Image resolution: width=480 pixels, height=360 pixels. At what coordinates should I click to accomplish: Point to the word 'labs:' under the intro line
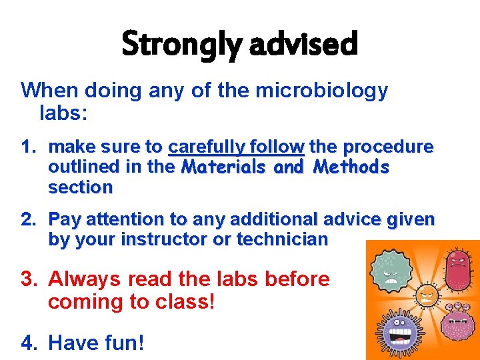pos(63,113)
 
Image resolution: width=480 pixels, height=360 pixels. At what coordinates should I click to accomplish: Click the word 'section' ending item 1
pos(80,187)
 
